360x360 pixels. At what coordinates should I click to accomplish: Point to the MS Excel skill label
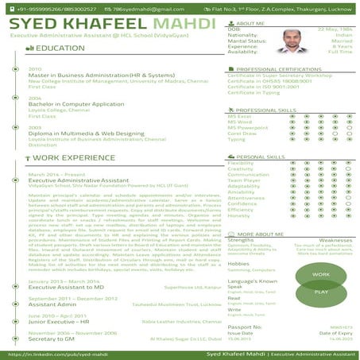[x=239, y=116]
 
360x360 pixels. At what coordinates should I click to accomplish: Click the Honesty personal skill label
[x=238, y=215]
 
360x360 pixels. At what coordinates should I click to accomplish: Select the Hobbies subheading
[x=239, y=263]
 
